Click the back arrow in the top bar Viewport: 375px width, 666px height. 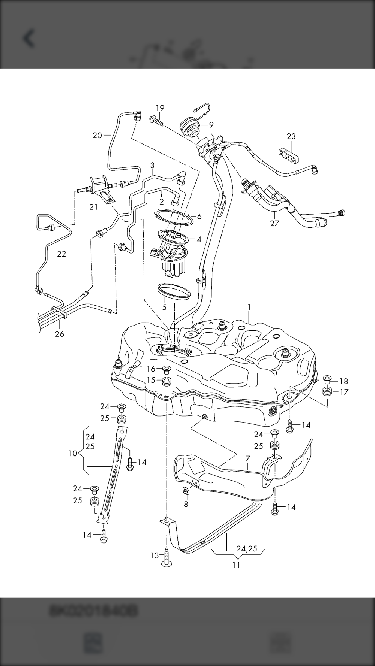[x=29, y=39]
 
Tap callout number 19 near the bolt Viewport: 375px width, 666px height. [x=160, y=108]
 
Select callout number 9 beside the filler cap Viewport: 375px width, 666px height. [x=211, y=125]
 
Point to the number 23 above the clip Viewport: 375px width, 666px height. [x=291, y=136]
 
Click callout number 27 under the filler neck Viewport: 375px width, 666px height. [x=275, y=223]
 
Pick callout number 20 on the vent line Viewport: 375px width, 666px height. [x=97, y=135]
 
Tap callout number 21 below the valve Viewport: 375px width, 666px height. [x=93, y=206]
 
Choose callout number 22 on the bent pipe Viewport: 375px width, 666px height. [x=61, y=254]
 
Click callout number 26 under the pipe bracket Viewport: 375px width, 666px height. [x=60, y=333]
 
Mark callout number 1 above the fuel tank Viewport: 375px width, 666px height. [x=249, y=307]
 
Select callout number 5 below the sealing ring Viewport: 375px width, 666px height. [x=164, y=308]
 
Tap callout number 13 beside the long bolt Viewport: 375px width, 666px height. [x=155, y=555]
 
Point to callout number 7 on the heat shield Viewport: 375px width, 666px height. [x=248, y=458]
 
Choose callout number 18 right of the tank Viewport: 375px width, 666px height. [x=344, y=381]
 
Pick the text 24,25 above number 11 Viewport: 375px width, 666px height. [x=247, y=548]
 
